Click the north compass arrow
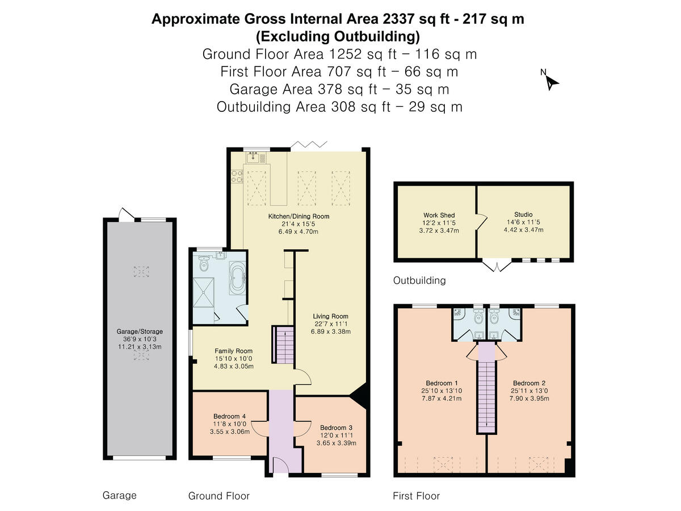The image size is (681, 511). click(x=551, y=83)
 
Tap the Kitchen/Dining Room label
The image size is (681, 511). click(x=299, y=216)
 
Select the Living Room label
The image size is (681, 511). click(x=330, y=316)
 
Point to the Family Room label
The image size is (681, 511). click(x=234, y=351)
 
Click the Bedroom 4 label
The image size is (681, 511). click(x=230, y=416)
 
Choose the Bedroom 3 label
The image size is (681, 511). click(x=337, y=428)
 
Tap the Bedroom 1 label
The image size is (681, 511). click(x=442, y=383)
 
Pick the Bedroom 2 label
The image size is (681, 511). click(x=529, y=383)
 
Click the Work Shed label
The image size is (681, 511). click(x=439, y=215)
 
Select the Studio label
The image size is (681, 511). click(x=523, y=215)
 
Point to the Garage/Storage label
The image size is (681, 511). click(x=140, y=332)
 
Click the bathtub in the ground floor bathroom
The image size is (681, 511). click(x=238, y=278)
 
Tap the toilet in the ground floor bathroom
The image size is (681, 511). click(x=204, y=263)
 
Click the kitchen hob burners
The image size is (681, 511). click(x=237, y=176)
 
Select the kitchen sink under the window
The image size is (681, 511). click(x=253, y=158)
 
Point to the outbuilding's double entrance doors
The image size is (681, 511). click(x=497, y=266)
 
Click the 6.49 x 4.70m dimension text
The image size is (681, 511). click(x=298, y=232)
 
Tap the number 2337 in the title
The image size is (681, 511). click(x=398, y=19)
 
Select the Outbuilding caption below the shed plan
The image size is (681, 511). click(x=419, y=280)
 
